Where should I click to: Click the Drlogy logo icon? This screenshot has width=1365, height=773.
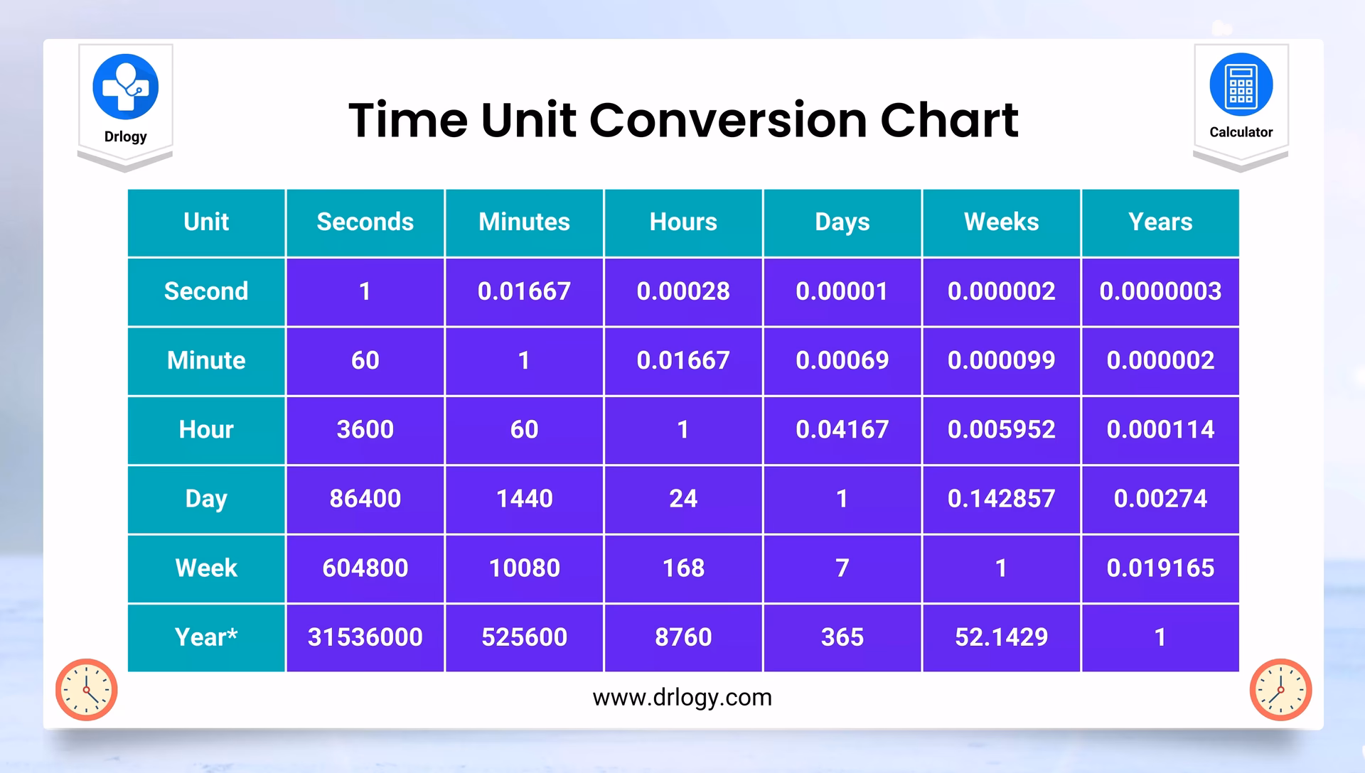(x=125, y=87)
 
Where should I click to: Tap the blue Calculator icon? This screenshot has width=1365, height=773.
(x=1241, y=85)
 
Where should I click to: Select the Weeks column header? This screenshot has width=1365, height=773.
(x=1001, y=222)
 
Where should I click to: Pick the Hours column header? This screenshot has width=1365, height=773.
(x=683, y=222)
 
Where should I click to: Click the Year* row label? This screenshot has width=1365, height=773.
(x=206, y=637)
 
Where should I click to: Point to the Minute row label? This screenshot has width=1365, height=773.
(x=206, y=361)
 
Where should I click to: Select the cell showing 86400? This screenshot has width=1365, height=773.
(x=365, y=499)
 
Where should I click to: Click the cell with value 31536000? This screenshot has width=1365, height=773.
(x=365, y=637)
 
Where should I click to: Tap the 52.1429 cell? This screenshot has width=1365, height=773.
(x=1001, y=637)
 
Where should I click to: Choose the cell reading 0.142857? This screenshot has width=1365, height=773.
(x=1001, y=499)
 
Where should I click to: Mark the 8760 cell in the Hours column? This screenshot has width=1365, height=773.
(x=683, y=637)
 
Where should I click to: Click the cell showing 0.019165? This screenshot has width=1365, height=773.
(x=1160, y=568)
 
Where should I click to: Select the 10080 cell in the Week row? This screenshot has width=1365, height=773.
(x=525, y=568)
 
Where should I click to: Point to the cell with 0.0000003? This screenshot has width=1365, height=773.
(x=1160, y=291)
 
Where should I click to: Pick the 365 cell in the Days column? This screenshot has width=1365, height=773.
(x=842, y=637)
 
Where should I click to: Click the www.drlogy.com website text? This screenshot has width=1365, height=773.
(x=682, y=698)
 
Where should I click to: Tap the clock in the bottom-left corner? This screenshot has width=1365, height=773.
(x=87, y=690)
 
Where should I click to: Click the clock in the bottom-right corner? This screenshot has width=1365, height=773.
(x=1280, y=690)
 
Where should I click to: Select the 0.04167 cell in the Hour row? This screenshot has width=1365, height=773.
(x=842, y=430)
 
